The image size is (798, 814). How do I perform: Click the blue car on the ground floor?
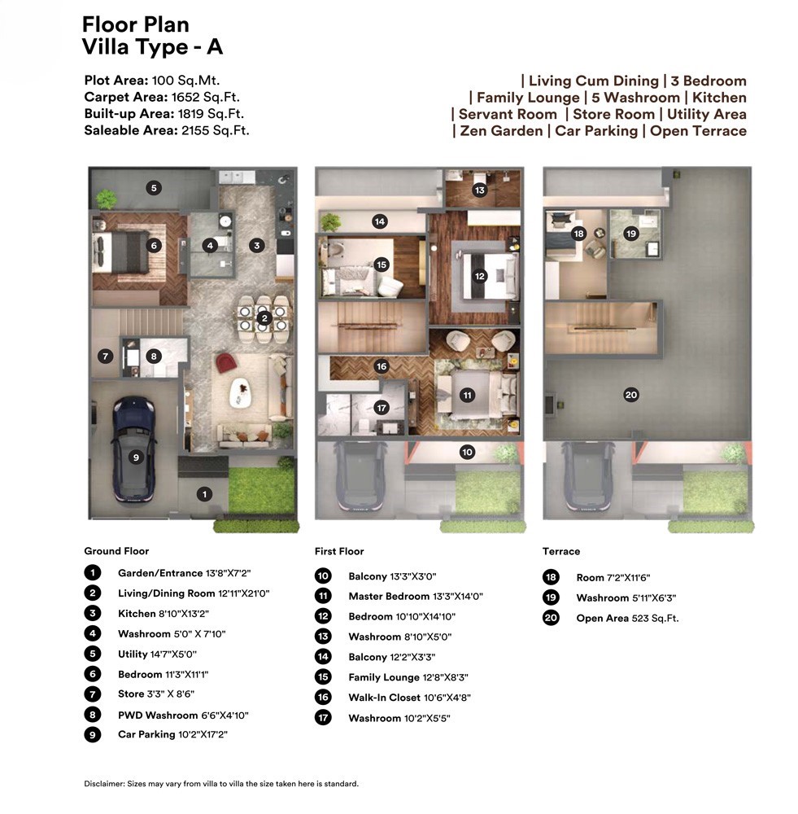[134, 449]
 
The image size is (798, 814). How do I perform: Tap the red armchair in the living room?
[225, 362]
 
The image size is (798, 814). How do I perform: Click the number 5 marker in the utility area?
[154, 188]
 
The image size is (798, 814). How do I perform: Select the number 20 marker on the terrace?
[631, 395]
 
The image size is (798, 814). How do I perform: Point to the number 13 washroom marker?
[479, 190]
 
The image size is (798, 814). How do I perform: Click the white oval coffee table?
[240, 392]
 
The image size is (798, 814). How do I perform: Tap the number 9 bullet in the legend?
[93, 734]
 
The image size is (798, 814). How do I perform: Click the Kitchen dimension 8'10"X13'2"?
[184, 614]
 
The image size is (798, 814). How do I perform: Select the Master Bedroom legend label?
[389, 597]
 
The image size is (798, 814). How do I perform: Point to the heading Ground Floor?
[116, 551]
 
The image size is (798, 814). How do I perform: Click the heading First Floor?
[339, 551]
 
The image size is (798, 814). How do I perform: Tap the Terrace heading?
[561, 551]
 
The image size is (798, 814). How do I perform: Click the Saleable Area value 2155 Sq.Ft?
[216, 130]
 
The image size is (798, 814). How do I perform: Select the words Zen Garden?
[501, 131]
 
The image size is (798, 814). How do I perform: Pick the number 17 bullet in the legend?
[323, 718]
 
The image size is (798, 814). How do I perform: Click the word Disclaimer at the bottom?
[104, 784]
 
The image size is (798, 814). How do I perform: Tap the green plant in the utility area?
[106, 199]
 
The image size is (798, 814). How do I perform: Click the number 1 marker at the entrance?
[204, 494]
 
